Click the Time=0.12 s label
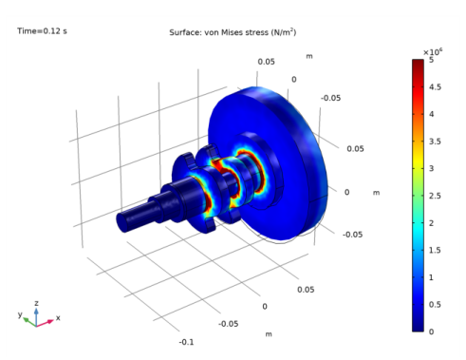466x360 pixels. coord(42,31)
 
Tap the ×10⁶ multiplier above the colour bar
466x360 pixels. coord(433,51)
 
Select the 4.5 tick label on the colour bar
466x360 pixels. coord(435,87)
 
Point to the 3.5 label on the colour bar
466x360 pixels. coord(435,142)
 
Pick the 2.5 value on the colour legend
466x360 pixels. coord(435,196)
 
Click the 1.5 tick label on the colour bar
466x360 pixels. coord(435,250)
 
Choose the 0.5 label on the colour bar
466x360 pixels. coord(435,305)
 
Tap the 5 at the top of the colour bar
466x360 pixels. coord(432,60)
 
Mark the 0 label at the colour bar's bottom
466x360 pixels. coord(432,332)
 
